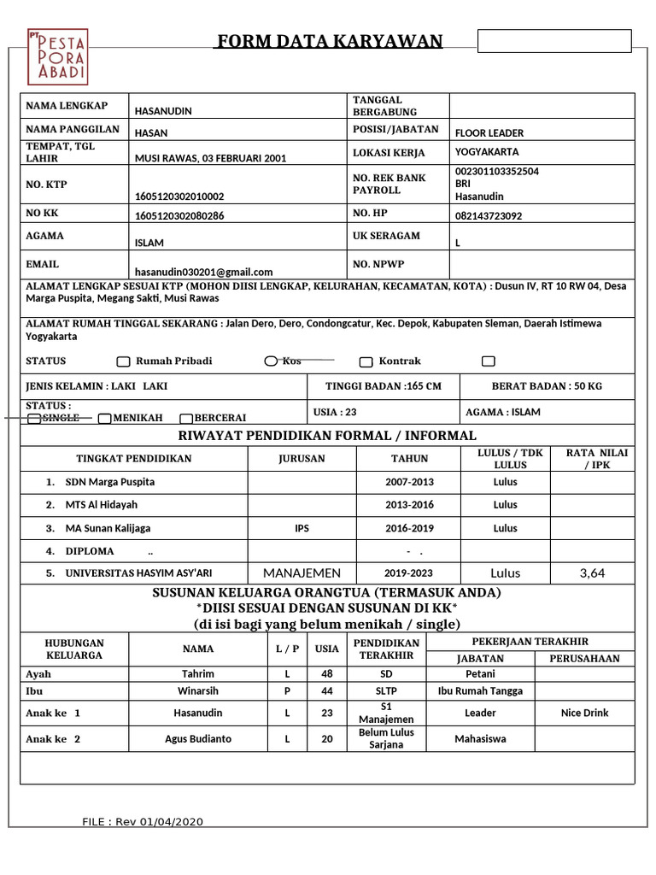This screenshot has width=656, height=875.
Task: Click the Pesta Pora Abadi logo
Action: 57,56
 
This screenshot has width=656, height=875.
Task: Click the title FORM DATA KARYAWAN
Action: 329,41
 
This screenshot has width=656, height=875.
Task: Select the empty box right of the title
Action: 553,41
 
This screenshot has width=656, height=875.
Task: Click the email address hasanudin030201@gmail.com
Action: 203,272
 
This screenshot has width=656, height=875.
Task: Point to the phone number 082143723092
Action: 489,216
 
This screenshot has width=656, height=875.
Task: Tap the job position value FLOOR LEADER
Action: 489,133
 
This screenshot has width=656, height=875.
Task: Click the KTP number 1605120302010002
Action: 179,196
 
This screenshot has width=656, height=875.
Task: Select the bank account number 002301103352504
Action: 497,171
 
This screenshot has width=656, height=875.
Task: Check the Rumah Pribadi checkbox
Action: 123,361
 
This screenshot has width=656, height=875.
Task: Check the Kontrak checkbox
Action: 366,361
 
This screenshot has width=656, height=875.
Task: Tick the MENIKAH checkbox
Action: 104,419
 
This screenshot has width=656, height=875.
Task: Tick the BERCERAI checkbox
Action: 185,419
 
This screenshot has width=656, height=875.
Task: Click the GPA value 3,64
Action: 592,573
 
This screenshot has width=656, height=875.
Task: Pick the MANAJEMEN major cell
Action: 302,573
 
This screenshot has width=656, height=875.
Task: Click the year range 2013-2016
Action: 410,505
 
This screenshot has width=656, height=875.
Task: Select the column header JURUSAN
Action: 302,459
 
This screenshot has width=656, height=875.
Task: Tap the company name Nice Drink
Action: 584,713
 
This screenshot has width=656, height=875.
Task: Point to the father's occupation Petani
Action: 480,673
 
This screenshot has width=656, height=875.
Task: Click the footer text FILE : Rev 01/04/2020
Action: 143,822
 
